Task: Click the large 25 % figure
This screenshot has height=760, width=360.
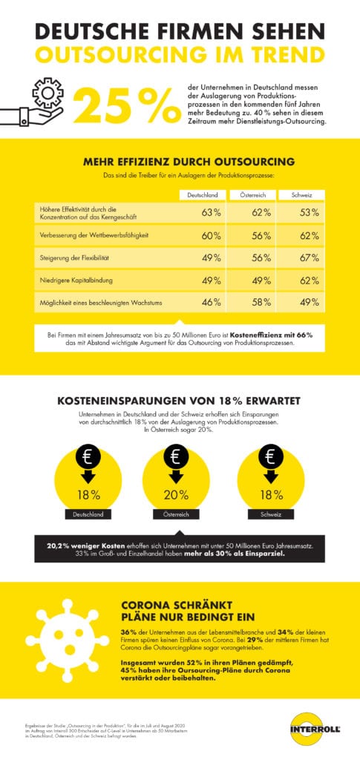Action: [x=126, y=106]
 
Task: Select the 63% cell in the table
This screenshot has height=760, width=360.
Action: [x=212, y=213]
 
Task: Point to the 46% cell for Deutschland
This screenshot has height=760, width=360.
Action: [x=212, y=302]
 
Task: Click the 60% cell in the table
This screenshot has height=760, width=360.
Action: [x=212, y=235]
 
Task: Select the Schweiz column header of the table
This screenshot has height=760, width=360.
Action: [x=298, y=194]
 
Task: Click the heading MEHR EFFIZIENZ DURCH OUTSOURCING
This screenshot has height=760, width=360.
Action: [x=180, y=161]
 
